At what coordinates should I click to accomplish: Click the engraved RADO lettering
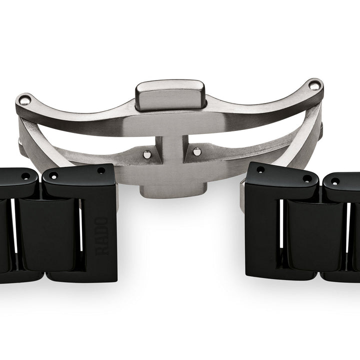click(101, 236)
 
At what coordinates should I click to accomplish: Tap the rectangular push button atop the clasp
click(170, 95)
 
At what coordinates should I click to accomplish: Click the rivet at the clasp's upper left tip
click(25, 100)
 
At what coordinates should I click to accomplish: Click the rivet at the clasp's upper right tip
click(314, 85)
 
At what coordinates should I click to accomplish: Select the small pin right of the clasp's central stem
click(197, 151)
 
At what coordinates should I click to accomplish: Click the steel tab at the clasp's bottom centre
click(172, 191)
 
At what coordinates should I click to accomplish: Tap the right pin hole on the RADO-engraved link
click(101, 170)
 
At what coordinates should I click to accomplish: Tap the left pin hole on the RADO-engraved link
click(53, 176)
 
